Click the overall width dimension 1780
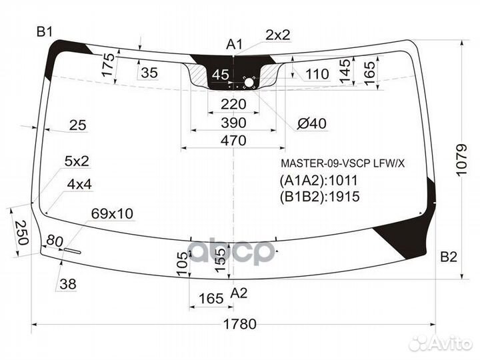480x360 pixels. [x=240, y=324]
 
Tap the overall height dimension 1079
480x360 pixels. [x=461, y=160]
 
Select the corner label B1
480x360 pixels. [x=45, y=31]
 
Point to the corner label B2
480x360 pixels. [x=449, y=257]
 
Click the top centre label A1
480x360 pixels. [x=234, y=45]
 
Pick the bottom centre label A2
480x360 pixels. [x=239, y=293]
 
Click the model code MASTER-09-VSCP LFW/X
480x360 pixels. [x=343, y=163]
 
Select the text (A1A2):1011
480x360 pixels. [x=319, y=180]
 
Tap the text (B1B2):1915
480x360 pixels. [x=319, y=197]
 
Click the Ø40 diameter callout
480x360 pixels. [x=312, y=123]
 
